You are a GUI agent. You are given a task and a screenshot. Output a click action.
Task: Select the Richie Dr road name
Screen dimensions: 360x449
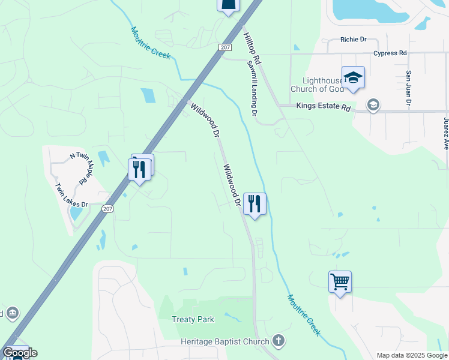click(x=353, y=40)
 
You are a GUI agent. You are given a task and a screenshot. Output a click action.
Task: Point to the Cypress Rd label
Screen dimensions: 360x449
click(x=390, y=53)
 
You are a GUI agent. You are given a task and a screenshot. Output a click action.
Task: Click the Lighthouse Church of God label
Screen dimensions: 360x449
click(x=318, y=85)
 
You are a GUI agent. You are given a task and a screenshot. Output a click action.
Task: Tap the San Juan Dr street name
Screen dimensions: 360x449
click(x=408, y=88)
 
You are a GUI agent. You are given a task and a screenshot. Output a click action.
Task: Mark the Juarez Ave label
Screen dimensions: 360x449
click(x=445, y=133)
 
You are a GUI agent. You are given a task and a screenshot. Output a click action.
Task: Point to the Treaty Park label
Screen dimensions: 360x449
click(x=193, y=319)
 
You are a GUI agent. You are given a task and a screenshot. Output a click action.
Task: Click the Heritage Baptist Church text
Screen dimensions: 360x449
click(x=225, y=342)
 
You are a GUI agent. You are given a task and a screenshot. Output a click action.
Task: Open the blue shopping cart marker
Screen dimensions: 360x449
click(x=340, y=281)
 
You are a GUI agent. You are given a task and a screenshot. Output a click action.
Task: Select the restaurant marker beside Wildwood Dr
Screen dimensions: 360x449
click(x=255, y=204)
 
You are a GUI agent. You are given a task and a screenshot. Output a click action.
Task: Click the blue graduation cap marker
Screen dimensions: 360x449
click(x=353, y=77)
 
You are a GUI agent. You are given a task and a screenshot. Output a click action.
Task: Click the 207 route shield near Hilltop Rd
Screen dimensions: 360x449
click(x=224, y=46)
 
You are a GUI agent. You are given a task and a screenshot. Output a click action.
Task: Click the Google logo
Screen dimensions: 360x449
click(x=20, y=353)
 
